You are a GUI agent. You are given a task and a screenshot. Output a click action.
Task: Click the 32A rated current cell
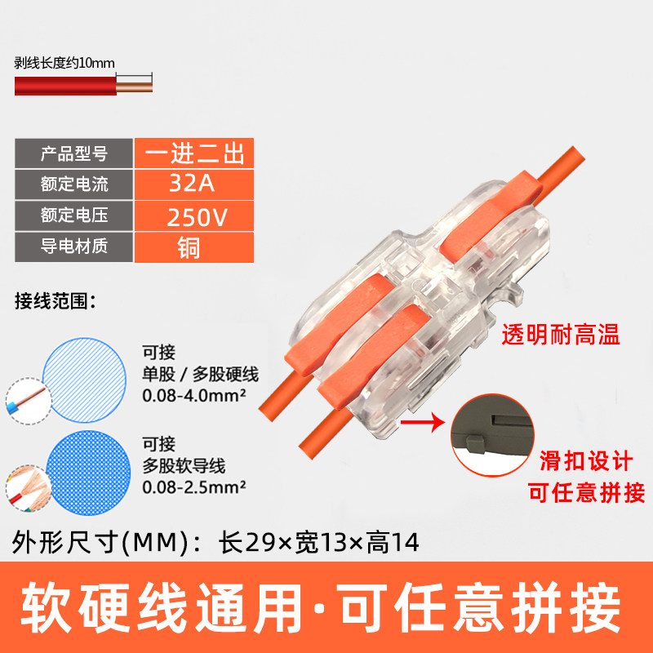(x=194, y=184)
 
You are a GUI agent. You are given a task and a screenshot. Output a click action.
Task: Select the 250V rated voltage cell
(x=194, y=215)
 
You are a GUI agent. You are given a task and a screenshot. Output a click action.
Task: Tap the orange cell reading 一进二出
(x=194, y=153)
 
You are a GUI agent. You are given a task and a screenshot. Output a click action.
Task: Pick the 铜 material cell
(x=194, y=247)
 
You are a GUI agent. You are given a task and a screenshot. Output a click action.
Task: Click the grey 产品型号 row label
(x=74, y=153)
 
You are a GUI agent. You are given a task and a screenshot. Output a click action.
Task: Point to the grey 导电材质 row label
(x=74, y=247)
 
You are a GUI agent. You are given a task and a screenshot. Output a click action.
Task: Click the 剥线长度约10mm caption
(x=64, y=64)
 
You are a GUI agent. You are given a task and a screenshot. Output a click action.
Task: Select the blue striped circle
(x=85, y=380)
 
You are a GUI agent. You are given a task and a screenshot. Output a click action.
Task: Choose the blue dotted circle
(x=88, y=473)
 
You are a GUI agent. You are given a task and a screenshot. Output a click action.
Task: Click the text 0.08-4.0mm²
(x=194, y=396)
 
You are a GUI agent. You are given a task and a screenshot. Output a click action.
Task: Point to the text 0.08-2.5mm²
(x=194, y=487)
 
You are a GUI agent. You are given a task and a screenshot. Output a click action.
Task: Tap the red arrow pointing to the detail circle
(x=423, y=422)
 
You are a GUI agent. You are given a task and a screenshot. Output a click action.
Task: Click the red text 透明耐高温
(x=561, y=335)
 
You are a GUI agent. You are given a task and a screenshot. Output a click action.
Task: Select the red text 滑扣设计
(x=586, y=460)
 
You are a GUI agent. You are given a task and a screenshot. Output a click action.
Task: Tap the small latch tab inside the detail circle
(x=475, y=444)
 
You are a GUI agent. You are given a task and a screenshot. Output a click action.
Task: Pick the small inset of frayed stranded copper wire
(x=29, y=488)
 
